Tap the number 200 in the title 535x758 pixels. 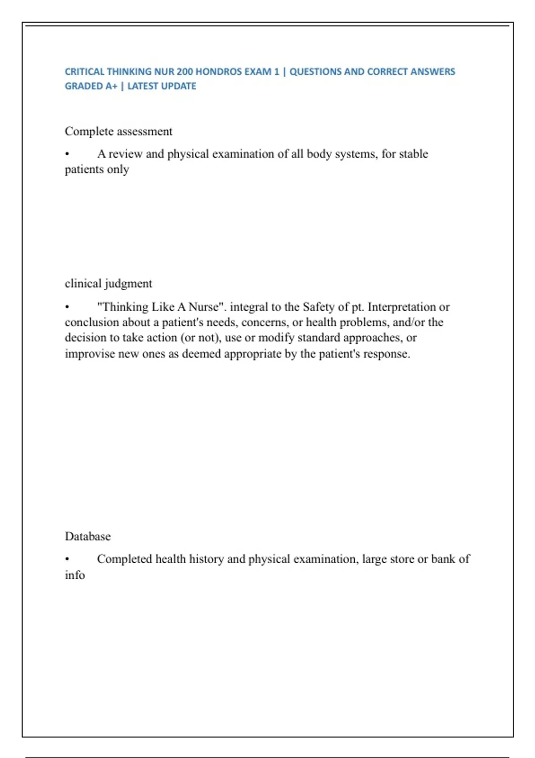[185, 71]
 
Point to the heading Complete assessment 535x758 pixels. [118, 132]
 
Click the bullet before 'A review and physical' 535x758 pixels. [67, 154]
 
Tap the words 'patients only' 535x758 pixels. [97, 169]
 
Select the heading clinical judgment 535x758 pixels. [108, 284]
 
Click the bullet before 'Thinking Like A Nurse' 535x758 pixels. [67, 307]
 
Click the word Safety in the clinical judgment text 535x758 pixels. [318, 307]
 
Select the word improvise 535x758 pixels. [89, 354]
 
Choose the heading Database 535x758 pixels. [87, 536]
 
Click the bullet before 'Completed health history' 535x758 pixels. [67, 559]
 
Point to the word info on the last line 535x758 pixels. [74, 575]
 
